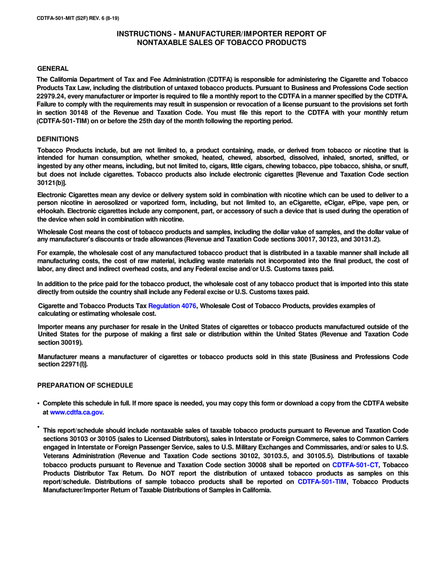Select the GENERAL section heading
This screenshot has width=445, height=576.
point(53,68)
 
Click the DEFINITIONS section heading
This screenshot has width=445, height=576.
point(58,139)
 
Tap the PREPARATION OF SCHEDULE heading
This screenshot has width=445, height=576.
point(85,385)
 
